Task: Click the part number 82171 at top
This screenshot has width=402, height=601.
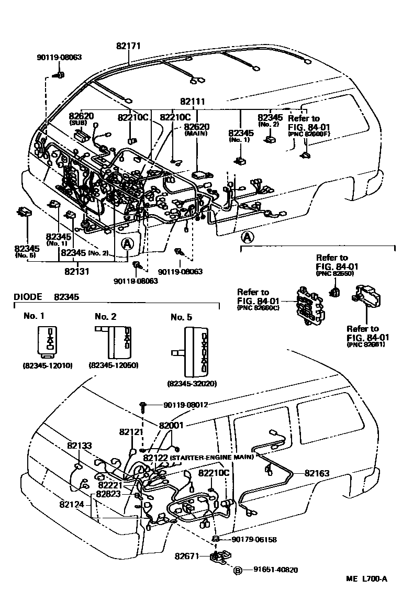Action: coord(129,47)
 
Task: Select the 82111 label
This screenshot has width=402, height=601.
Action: coord(192,102)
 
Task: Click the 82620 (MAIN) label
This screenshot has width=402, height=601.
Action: coord(196,129)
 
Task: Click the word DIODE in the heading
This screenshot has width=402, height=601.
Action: coord(27,296)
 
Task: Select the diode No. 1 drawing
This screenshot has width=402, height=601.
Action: coord(48,341)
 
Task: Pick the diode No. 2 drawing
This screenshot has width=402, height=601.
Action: coord(114,341)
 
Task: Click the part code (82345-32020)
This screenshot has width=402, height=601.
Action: coord(193,383)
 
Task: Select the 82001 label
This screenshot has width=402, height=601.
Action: coord(172,426)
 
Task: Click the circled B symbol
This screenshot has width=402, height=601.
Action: coord(237,570)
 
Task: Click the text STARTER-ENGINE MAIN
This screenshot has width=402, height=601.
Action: coord(211,457)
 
